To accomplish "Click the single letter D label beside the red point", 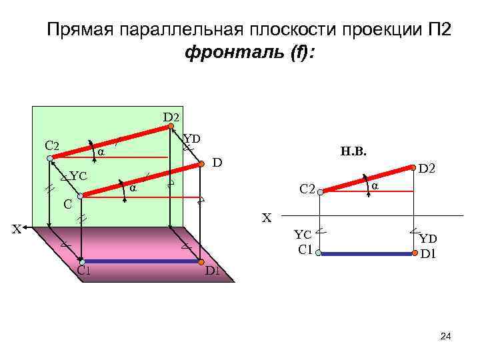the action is pyautogui.click(x=217, y=163).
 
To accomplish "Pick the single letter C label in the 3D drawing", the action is pyautogui.click(x=67, y=203).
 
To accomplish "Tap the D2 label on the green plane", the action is pyautogui.click(x=172, y=117).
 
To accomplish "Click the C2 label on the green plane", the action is pyautogui.click(x=52, y=146).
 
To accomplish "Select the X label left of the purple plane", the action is pyautogui.click(x=19, y=231).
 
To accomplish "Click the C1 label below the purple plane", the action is pyautogui.click(x=83, y=271).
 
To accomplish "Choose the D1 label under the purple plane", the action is pyautogui.click(x=213, y=271).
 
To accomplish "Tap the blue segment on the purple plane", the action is pyautogui.click(x=140, y=261).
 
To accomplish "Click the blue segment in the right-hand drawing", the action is pyautogui.click(x=367, y=253).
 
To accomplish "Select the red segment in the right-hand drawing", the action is pyautogui.click(x=367, y=179).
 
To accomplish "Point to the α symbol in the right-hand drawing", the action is pyautogui.click(x=375, y=185).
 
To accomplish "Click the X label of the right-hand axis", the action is pyautogui.click(x=267, y=217).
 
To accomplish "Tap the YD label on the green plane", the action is pyautogui.click(x=192, y=138).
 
